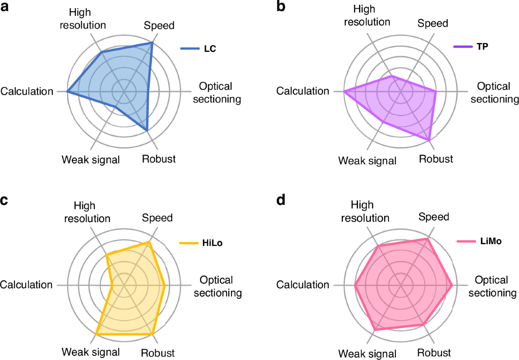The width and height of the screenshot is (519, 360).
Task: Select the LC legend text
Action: click(x=210, y=49)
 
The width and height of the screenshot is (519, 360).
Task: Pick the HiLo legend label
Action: click(x=213, y=243)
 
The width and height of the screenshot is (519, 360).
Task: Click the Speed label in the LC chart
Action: click(x=159, y=25)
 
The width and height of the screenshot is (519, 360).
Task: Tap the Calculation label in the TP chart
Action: click(x=303, y=91)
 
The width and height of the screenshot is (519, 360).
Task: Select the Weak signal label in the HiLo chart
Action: click(x=91, y=352)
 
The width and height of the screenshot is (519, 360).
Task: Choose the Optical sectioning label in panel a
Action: click(x=216, y=92)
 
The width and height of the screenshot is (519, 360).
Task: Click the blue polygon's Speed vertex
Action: click(x=152, y=43)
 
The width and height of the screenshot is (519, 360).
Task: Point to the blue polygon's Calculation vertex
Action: click(x=67, y=92)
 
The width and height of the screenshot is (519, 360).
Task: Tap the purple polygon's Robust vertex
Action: click(x=429, y=140)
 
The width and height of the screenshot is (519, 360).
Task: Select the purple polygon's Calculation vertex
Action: click(x=344, y=92)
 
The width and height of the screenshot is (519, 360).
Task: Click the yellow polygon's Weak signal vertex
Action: click(x=96, y=335)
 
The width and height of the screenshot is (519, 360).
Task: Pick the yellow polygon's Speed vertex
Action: click(x=149, y=242)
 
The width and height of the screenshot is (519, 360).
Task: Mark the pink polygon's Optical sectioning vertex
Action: click(x=452, y=286)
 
